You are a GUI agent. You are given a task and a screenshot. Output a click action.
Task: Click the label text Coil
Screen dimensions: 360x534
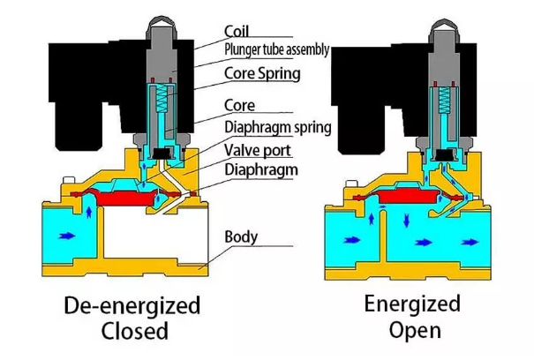pos(237,32)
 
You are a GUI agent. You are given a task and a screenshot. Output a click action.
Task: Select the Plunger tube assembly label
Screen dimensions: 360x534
pos(276,50)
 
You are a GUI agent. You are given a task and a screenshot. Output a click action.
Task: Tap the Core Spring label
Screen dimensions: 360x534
pos(263,72)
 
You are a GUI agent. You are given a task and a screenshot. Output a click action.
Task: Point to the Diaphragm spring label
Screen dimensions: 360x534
pos(277,128)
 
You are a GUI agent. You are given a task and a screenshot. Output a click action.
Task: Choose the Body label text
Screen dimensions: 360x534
pos(241,236)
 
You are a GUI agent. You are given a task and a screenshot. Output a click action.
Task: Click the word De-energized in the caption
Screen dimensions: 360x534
pos(133,306)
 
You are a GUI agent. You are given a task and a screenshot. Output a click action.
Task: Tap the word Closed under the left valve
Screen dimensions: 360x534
pos(133,333)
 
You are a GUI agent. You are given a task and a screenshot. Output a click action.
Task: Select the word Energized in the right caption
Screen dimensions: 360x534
pos(412,304)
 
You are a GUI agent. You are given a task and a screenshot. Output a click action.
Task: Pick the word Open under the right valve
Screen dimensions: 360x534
pos(412,332)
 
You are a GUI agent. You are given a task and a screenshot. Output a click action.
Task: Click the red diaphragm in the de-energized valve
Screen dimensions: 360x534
pos(133,197)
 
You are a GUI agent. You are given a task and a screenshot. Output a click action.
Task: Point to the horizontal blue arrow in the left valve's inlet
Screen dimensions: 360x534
pos(64,236)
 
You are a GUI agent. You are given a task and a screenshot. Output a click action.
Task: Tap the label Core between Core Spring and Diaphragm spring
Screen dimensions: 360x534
pos(240,105)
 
